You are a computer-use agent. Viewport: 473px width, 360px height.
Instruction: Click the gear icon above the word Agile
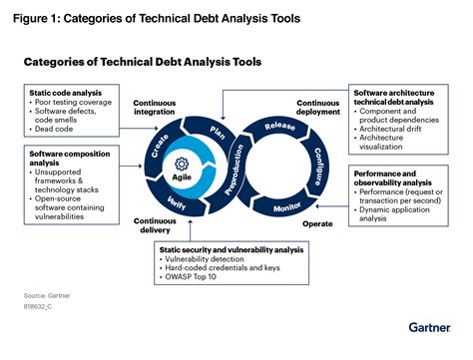click(x=180, y=165)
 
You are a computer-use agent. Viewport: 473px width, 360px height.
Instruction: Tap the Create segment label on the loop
click(x=160, y=149)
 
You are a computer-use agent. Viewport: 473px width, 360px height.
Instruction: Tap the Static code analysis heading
click(x=62, y=93)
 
